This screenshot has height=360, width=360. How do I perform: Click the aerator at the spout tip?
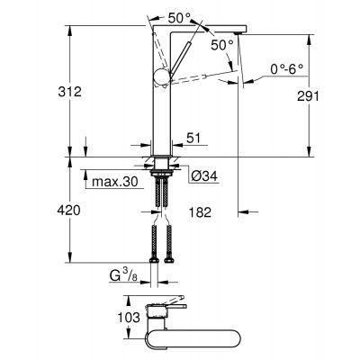(x=237, y=34)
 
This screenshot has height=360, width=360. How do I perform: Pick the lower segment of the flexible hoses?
(x=163, y=245)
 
